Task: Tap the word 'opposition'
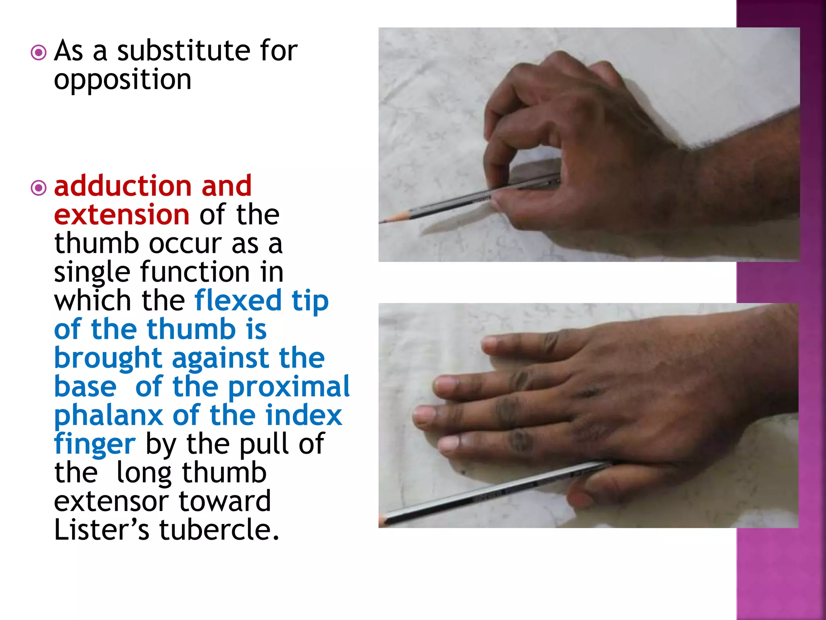click(122, 80)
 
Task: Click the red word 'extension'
click(121, 214)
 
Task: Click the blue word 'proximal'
click(289, 386)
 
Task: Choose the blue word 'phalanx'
click(108, 416)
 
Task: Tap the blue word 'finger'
click(95, 444)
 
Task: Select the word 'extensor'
click(111, 501)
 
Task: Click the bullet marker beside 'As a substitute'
click(39, 52)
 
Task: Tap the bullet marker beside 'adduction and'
click(39, 188)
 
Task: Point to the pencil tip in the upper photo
click(383, 221)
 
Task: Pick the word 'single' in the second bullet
click(92, 272)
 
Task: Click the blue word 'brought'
click(108, 358)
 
